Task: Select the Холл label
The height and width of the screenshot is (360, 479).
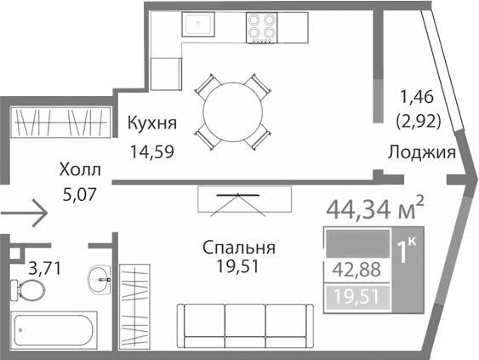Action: coord(80,169)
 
